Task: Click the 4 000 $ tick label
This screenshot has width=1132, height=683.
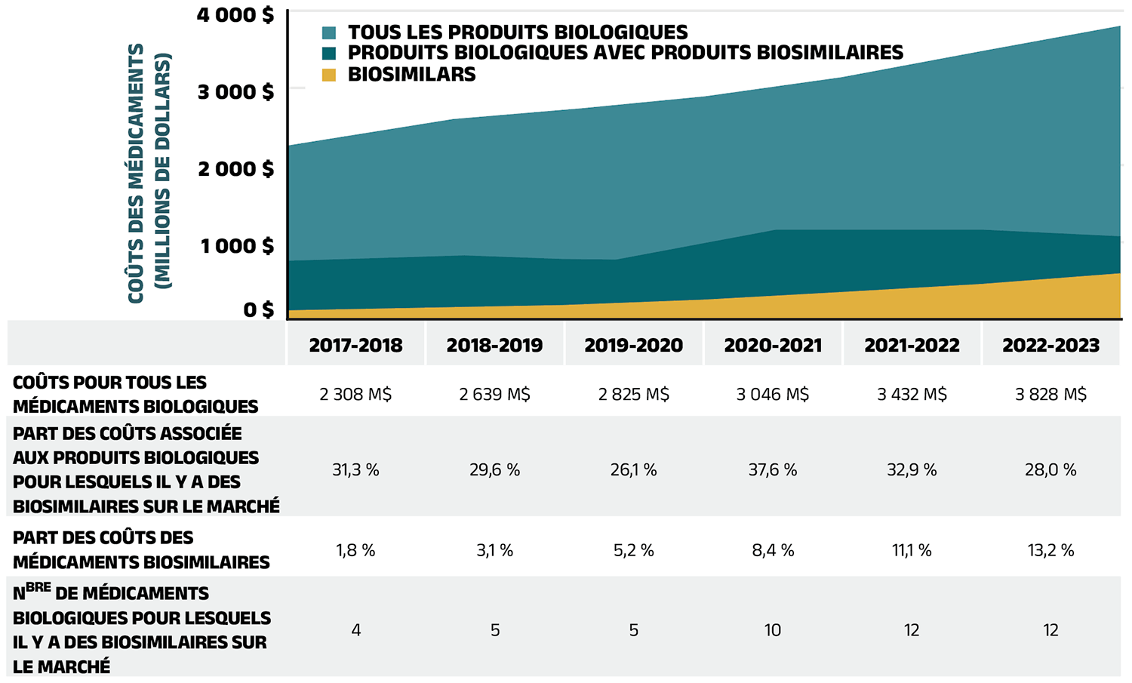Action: [235, 15]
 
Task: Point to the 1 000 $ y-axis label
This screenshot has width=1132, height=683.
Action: [237, 246]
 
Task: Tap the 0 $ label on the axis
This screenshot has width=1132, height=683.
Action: [258, 309]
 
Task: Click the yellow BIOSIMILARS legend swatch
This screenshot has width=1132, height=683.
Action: [328, 75]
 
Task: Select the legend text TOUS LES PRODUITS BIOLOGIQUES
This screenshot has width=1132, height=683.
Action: [517, 32]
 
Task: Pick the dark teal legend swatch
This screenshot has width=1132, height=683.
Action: [328, 54]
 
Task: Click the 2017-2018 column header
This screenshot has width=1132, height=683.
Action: [355, 346]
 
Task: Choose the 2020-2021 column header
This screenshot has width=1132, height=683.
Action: [773, 346]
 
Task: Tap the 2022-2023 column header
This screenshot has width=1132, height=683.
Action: [1050, 346]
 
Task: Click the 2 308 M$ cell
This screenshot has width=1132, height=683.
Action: [355, 395]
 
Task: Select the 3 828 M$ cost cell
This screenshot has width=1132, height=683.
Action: [1050, 395]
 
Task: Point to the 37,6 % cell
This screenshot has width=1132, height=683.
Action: [773, 470]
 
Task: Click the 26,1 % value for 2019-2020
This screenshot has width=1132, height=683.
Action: [633, 470]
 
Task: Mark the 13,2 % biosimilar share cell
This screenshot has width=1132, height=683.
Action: [1050, 550]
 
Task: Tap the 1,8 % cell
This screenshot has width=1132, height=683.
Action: [355, 550]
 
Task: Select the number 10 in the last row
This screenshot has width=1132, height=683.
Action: [773, 630]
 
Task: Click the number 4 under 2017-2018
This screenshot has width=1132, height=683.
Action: [355, 630]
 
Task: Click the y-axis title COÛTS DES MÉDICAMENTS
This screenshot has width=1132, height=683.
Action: [137, 174]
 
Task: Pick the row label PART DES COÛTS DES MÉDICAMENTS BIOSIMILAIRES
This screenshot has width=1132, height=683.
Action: [141, 550]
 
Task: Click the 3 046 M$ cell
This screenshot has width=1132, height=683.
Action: [773, 395]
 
